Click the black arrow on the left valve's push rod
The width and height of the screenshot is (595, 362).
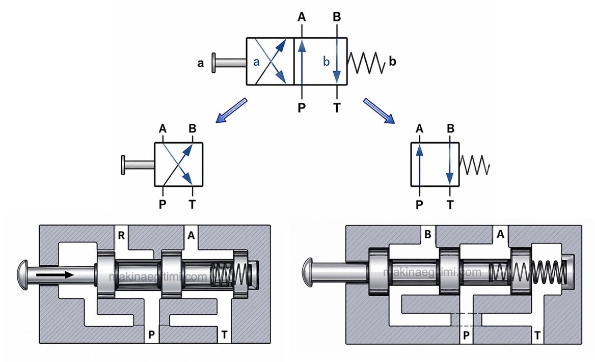55,275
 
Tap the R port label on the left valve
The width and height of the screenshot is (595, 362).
121,236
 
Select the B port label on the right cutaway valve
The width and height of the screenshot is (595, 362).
428,235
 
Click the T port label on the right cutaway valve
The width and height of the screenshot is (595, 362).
537,336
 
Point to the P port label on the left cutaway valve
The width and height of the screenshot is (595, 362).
151,335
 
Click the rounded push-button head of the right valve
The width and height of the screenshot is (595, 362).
308,272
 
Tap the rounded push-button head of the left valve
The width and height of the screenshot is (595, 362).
23,275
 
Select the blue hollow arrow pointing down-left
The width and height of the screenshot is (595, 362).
231,111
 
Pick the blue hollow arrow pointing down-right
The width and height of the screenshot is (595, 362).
379,111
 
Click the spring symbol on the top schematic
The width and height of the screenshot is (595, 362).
366,63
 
